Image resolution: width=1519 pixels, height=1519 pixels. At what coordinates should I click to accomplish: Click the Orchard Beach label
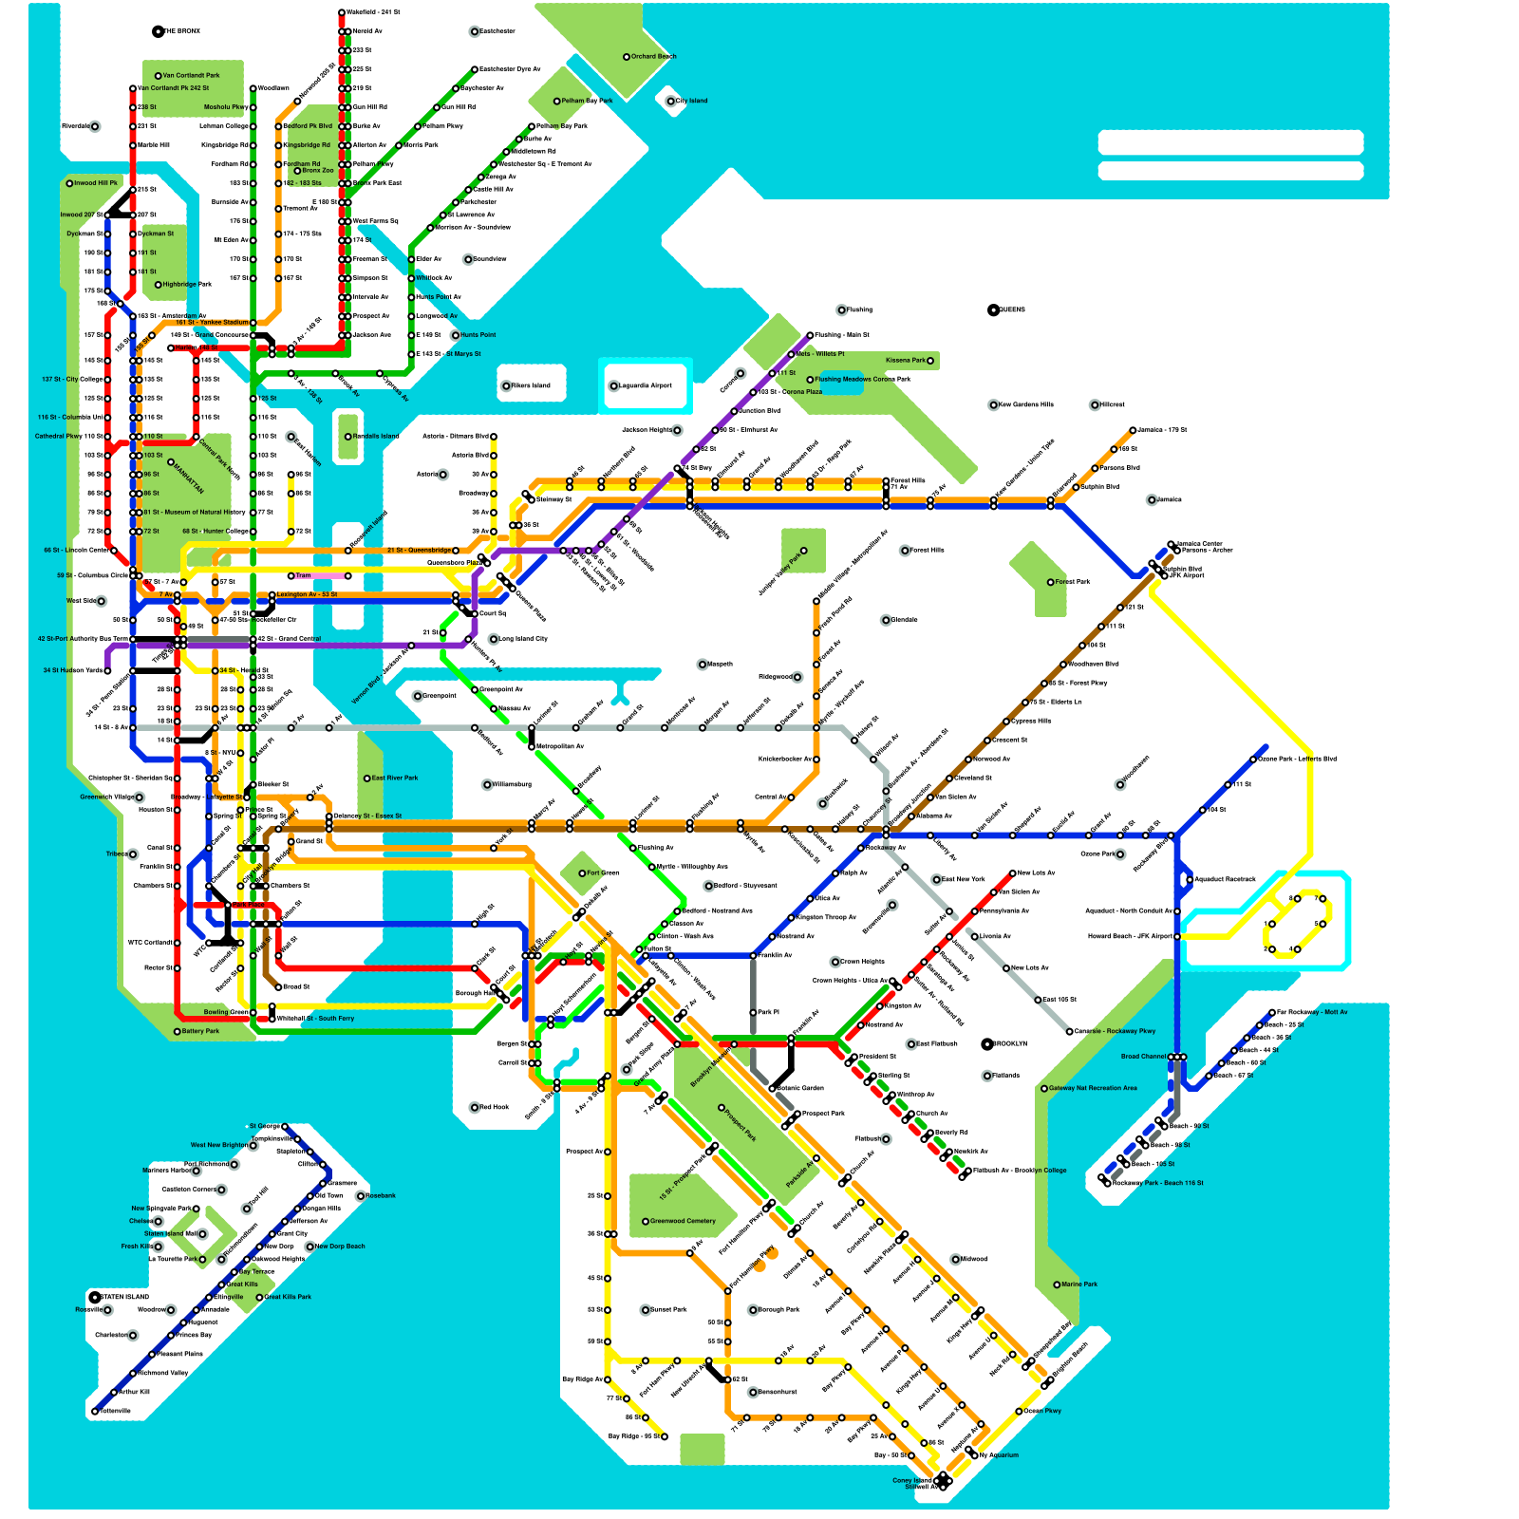(x=654, y=57)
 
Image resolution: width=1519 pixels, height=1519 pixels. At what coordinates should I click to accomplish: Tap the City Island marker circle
(x=671, y=101)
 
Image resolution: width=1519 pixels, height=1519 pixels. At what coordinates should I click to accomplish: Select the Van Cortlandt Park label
(x=191, y=76)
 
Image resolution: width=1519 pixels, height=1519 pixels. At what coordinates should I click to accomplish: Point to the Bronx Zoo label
(x=318, y=171)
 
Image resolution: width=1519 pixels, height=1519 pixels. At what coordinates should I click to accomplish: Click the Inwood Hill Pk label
(x=97, y=183)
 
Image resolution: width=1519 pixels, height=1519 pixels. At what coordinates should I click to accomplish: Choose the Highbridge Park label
(x=187, y=284)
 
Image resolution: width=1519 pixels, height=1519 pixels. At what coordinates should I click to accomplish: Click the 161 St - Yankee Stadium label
(x=212, y=323)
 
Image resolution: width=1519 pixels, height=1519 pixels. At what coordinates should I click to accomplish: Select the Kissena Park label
(x=905, y=361)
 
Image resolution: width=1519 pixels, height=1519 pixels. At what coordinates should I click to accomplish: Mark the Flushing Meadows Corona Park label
(x=862, y=380)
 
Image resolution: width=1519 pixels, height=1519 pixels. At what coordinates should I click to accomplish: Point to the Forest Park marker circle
(x=1051, y=582)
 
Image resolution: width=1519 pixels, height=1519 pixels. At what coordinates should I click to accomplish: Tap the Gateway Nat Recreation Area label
(x=1093, y=1088)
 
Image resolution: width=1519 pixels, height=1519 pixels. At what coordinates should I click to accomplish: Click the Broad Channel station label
(x=1143, y=1057)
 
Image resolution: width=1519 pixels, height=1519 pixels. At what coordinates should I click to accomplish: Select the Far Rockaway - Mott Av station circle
(x=1272, y=1013)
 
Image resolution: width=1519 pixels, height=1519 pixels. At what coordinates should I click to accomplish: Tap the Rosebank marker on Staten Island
(x=361, y=1196)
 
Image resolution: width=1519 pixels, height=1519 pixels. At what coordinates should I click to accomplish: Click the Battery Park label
(x=200, y=1031)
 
